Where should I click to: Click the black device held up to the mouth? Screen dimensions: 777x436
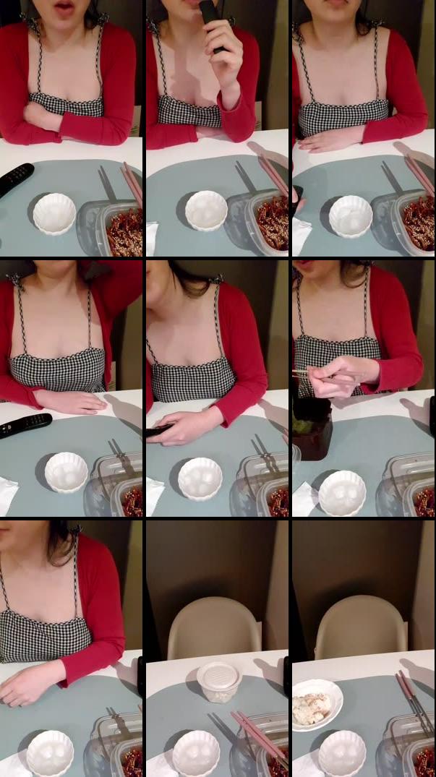(211, 22)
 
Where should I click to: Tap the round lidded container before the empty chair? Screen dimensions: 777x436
(218, 681)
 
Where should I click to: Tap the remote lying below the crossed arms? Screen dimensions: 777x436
(14, 179)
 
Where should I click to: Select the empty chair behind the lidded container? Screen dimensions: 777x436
(214, 627)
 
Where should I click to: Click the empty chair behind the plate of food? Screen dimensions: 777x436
(362, 626)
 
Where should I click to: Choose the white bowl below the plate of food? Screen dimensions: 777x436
(342, 752)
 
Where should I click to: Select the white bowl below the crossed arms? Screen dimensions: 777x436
(54, 213)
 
